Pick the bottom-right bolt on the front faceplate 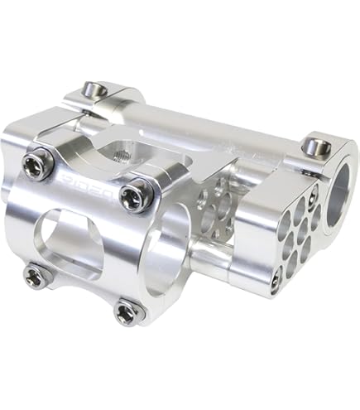click(127, 311)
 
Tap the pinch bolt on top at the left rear click(95, 89)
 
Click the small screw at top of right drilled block click(313, 196)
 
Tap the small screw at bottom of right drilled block click(276, 281)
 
